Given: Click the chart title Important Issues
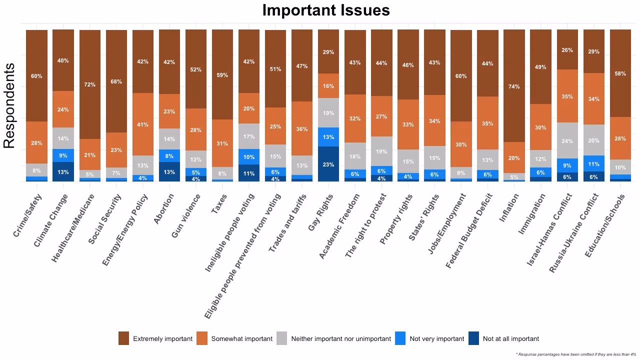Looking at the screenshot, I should pos(325,10).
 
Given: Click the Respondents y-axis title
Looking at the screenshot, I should pos(9,105).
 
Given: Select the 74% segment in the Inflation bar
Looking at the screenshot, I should pos(514,86).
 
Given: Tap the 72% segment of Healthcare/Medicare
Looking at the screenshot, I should pos(90,84).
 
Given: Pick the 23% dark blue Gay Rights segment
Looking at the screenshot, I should pos(328,164).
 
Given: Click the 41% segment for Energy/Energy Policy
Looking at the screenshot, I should pos(143,124).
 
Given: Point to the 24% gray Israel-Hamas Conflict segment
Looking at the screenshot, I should pos(567,140).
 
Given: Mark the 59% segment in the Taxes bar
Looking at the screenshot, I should pos(222,75).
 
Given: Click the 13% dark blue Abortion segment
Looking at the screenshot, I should pos(169,171).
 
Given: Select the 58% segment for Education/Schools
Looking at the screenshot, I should pos(620,73).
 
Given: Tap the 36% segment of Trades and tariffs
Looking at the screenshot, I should pos(302,128).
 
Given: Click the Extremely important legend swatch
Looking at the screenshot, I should pos(123,338).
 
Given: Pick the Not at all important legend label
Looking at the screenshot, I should pos(510,338).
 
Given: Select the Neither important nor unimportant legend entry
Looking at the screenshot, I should pos(340,338).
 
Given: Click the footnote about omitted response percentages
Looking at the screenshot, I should pos(575,354).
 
